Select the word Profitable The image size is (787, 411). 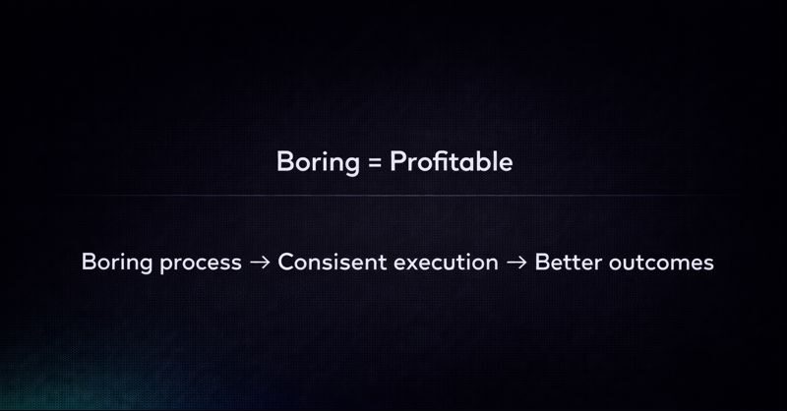click(x=452, y=162)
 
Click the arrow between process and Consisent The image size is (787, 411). click(x=260, y=264)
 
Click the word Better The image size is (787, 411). click(x=565, y=264)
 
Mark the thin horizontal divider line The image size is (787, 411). click(x=393, y=197)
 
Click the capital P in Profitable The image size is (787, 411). click(x=397, y=162)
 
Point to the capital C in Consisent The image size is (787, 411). click(x=286, y=264)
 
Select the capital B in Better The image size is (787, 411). click(x=542, y=264)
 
